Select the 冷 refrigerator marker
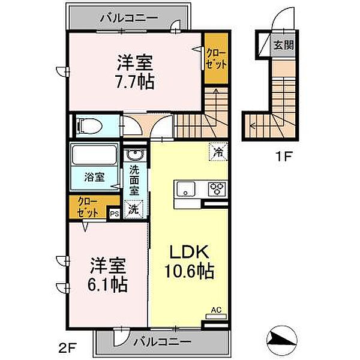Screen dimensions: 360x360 (x=218, y=152)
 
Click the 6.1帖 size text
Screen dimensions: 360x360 (x=109, y=284)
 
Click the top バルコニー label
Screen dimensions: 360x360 (x=130, y=18)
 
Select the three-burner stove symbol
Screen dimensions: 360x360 (x=217, y=188)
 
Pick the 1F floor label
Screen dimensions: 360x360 (x=283, y=158)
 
